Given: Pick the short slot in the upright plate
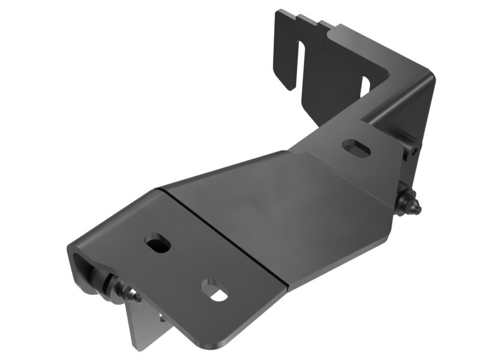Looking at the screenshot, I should coord(364,84).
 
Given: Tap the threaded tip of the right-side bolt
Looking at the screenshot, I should coord(419,210).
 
